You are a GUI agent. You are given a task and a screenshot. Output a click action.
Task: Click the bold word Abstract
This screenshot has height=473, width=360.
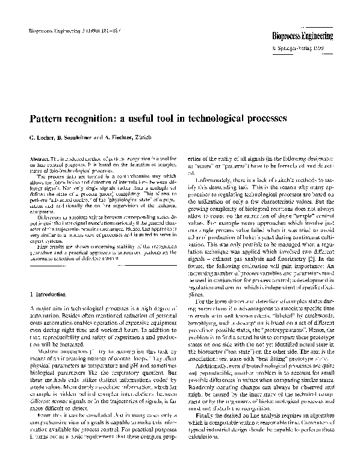37,158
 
